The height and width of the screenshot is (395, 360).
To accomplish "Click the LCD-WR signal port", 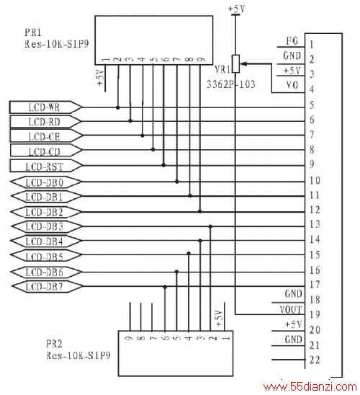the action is [45, 107].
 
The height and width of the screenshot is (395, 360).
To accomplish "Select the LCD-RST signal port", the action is [46, 166].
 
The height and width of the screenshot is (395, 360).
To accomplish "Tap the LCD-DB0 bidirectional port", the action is [45, 182].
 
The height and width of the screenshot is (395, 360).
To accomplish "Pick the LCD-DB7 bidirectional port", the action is [47, 286].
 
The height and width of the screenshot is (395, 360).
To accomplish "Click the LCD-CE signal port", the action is [46, 136].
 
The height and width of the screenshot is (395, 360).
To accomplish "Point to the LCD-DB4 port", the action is [46, 241].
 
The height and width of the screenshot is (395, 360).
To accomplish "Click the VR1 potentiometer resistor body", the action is [235, 63].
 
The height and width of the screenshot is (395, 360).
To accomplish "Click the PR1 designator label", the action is [32, 32].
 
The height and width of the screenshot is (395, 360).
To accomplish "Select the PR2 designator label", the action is [54, 344].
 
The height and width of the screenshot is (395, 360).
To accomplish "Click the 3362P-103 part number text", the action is [230, 84].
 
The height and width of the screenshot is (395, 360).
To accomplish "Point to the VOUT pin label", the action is [291, 310].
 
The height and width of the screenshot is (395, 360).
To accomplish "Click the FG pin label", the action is [292, 41].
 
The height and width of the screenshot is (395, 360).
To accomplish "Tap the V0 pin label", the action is [292, 85].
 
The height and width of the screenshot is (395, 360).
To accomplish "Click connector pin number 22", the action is [315, 360].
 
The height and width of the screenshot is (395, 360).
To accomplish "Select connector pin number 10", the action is [315, 180].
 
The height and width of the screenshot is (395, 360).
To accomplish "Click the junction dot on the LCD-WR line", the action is [118, 107].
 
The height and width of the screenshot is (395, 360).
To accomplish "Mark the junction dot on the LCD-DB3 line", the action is [210, 226].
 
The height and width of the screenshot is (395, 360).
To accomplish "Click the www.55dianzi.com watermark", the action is [310, 386].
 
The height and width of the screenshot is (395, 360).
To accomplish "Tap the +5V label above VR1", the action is [236, 9].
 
